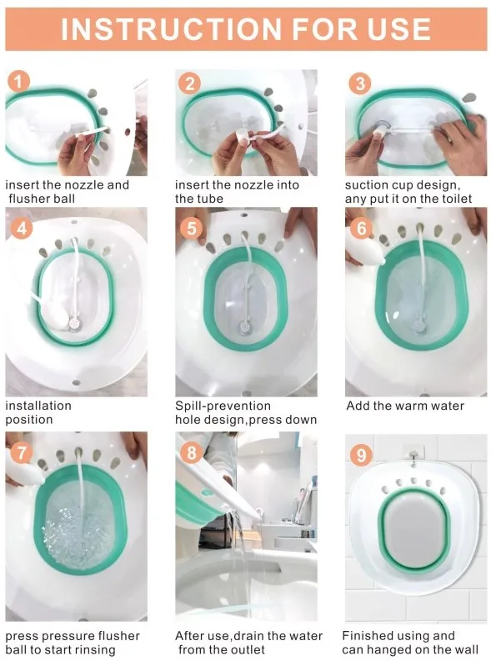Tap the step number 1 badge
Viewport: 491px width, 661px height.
(x=18, y=81)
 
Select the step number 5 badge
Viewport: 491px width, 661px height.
(x=191, y=229)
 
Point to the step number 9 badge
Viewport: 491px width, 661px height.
(x=361, y=455)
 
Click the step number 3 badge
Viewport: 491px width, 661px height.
(x=359, y=83)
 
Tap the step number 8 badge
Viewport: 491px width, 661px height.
(x=191, y=452)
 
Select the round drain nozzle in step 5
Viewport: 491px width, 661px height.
(x=243, y=326)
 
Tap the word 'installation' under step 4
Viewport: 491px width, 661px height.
(x=38, y=406)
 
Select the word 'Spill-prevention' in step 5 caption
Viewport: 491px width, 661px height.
(x=223, y=406)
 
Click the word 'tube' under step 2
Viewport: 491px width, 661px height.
(x=210, y=199)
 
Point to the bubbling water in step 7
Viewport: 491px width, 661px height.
(x=78, y=533)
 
